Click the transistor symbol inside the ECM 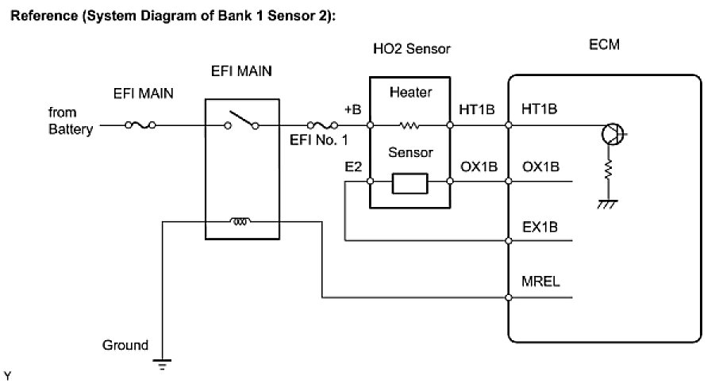pyautogui.click(x=612, y=133)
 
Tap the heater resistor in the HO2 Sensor pyautogui.click(x=409, y=124)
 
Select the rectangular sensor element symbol pyautogui.click(x=409, y=183)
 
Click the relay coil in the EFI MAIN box pyautogui.click(x=241, y=221)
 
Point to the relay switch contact pyautogui.click(x=241, y=121)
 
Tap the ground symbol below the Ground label pyautogui.click(x=163, y=366)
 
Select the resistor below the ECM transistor pyautogui.click(x=609, y=171)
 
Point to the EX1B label pyautogui.click(x=540, y=225)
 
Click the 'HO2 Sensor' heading pyautogui.click(x=411, y=49)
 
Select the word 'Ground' pyautogui.click(x=125, y=346)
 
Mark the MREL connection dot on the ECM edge pyautogui.click(x=509, y=298)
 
